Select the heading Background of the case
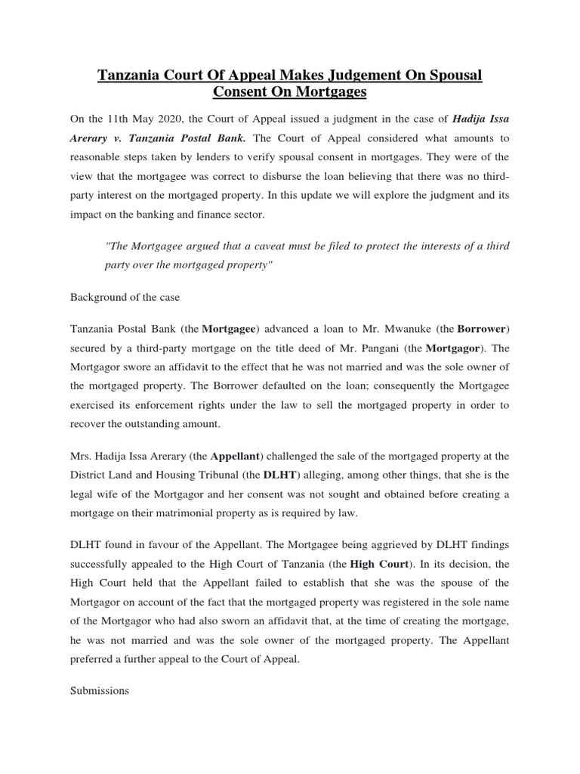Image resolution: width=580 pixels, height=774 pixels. pyautogui.click(x=125, y=297)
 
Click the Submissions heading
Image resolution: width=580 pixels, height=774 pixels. pyautogui.click(x=100, y=690)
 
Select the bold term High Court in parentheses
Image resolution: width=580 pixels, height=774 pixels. pyautogui.click(x=375, y=563)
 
